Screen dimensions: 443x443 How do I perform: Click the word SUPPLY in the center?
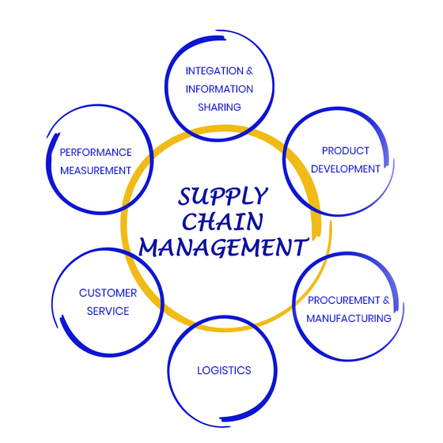pos(222,196)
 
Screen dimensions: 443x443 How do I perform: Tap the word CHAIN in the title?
pos(223,221)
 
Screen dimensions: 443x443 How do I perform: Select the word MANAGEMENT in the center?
pos(223,248)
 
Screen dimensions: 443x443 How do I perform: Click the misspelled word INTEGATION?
pos(214,71)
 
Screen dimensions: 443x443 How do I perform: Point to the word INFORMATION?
pos(219,89)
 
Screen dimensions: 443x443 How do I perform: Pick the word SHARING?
pos(219,108)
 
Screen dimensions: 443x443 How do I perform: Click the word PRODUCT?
pos(346,151)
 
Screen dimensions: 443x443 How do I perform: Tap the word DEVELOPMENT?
pos(345,169)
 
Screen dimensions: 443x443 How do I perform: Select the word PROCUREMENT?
pos(344,301)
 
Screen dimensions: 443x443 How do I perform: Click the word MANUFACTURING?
pos(349,319)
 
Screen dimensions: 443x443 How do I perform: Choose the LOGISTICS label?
pos(224,371)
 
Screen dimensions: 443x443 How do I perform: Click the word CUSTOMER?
pos(108,293)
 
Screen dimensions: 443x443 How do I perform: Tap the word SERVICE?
pos(108,312)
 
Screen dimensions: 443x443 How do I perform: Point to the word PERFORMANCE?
pos(96,153)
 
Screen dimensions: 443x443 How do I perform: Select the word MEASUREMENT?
pos(96,171)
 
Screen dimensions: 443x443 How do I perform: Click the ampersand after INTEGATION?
pos(249,71)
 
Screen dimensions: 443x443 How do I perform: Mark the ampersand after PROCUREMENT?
pos(386,301)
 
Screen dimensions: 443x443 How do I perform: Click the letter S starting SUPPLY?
pos(185,196)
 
